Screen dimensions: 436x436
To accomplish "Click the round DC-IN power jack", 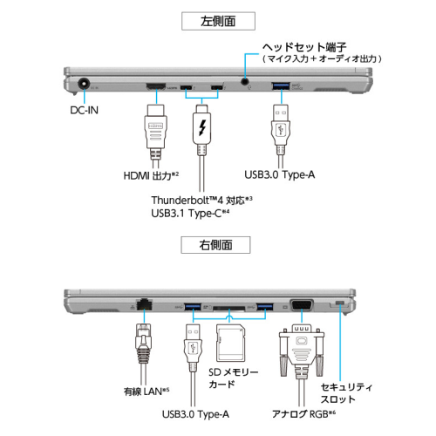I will pos(85,85).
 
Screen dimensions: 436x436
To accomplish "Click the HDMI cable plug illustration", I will pos(154,130).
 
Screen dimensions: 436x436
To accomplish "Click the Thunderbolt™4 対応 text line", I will pos(201,199).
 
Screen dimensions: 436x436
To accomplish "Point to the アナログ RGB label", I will pos(299,414).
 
